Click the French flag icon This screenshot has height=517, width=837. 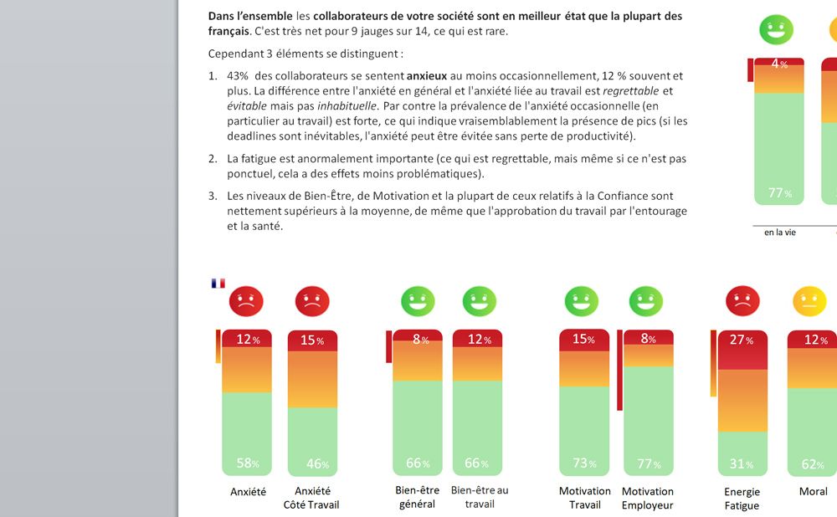[218, 283]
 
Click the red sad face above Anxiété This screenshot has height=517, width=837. [246, 301]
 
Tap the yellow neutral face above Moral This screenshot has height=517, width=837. [809, 301]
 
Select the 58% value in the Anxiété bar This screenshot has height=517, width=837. [247, 463]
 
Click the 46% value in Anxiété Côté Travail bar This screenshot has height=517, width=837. [313, 463]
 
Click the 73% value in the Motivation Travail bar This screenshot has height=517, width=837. [584, 463]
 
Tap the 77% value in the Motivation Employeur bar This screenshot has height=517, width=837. [649, 463]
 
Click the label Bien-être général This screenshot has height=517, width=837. [417, 497]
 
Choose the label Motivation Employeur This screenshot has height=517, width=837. [648, 498]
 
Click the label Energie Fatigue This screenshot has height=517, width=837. [742, 499]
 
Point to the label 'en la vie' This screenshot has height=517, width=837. [780, 232]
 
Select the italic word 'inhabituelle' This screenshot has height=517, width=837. [347, 106]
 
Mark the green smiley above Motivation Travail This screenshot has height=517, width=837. [582, 301]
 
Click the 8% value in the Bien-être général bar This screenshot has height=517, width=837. [418, 340]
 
